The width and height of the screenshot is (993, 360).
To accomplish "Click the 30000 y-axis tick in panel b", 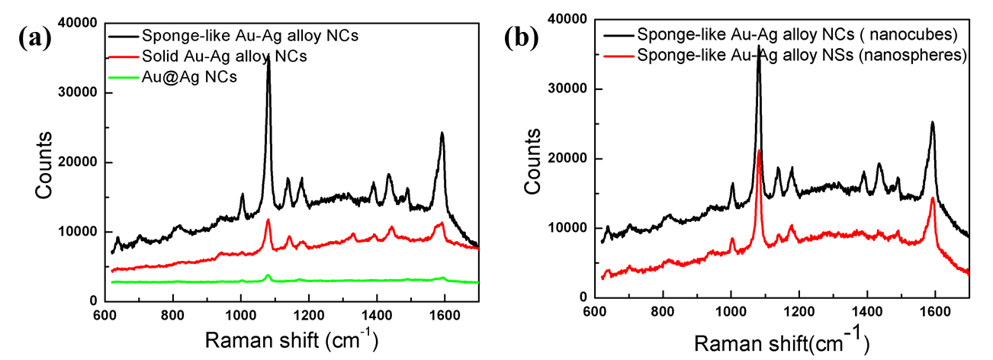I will [x=564, y=89].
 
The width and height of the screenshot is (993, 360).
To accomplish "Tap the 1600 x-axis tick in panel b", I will [x=935, y=313].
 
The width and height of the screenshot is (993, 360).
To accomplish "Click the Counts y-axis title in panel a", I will [x=45, y=164].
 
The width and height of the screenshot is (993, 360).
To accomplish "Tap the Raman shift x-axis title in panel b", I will [x=781, y=339].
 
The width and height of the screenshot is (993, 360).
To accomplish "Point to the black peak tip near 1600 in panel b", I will [x=932, y=121].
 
